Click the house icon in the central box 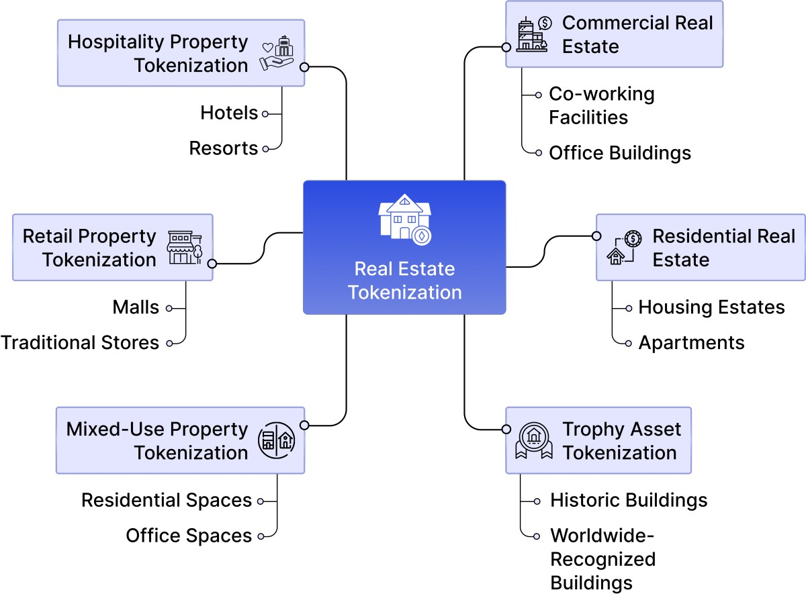click(404, 219)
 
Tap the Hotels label click(229, 113)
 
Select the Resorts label click(224, 148)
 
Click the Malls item click(136, 307)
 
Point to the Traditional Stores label click(80, 342)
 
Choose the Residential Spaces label click(167, 500)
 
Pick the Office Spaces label click(189, 536)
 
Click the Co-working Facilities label click(601, 105)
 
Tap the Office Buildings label click(619, 153)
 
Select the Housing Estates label click(711, 307)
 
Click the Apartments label click(691, 342)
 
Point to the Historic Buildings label click(628, 500)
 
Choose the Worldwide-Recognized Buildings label click(602, 559)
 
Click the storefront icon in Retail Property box click(185, 247)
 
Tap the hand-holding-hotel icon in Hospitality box click(277, 54)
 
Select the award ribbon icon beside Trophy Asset click(533, 440)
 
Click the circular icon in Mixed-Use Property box click(277, 440)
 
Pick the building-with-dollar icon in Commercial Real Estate click(535, 34)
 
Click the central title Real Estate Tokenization click(404, 281)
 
